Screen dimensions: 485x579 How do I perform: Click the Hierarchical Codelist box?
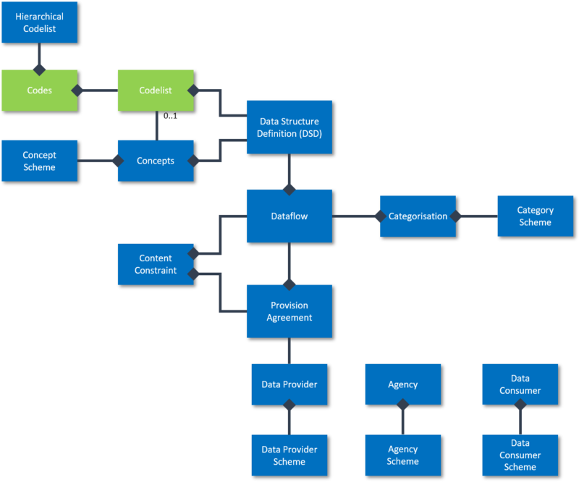click(39, 22)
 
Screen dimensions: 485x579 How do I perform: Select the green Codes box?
click(39, 90)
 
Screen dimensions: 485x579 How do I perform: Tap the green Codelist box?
click(155, 90)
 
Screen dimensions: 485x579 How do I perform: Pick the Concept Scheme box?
click(39, 161)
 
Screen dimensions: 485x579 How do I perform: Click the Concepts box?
click(155, 161)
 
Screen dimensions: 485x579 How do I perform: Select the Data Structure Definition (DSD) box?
click(289, 127)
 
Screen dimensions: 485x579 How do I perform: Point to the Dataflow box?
click(289, 216)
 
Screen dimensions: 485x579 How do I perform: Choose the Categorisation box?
click(418, 216)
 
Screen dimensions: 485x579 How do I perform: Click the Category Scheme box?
click(535, 216)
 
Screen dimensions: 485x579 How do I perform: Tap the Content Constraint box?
click(155, 263)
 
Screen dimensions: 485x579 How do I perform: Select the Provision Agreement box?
click(289, 311)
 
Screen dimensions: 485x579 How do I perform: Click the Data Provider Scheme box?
click(289, 455)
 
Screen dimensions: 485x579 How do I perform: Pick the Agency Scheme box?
click(402, 455)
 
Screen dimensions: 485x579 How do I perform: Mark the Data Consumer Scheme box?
click(520, 455)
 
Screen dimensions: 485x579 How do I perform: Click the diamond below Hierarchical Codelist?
click(39, 69)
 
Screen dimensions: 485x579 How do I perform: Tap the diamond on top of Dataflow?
click(289, 188)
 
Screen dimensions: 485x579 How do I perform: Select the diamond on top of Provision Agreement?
click(289, 284)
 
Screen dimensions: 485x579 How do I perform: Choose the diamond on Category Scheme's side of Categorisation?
click(455, 216)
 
